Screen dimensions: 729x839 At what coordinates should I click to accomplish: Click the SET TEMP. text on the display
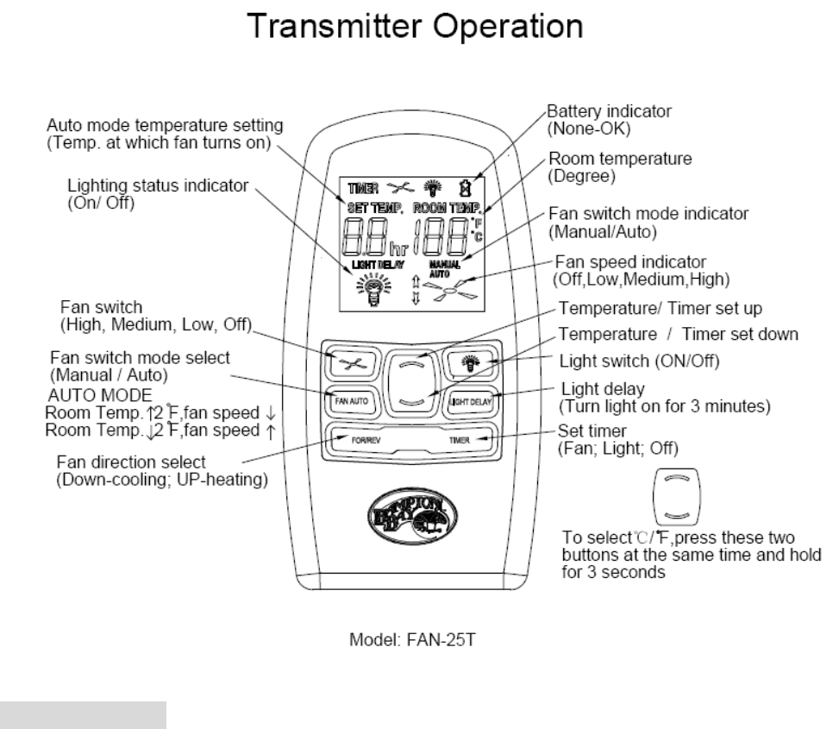(371, 208)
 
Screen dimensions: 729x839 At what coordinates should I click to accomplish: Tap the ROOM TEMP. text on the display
(448, 208)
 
